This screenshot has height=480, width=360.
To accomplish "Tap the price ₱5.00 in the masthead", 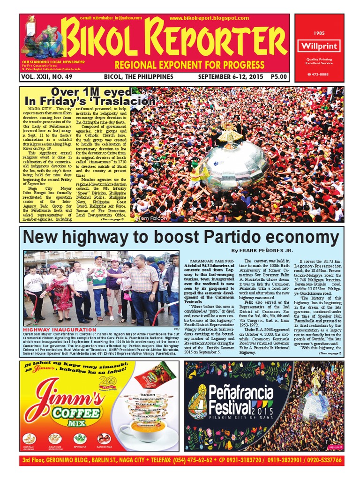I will coord(279,76).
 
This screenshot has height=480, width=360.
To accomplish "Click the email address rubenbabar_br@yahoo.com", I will coord(111,18).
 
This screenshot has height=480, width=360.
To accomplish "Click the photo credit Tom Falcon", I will coord(151,218).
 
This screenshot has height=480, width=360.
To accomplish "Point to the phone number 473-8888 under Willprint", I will coord(321,75).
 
